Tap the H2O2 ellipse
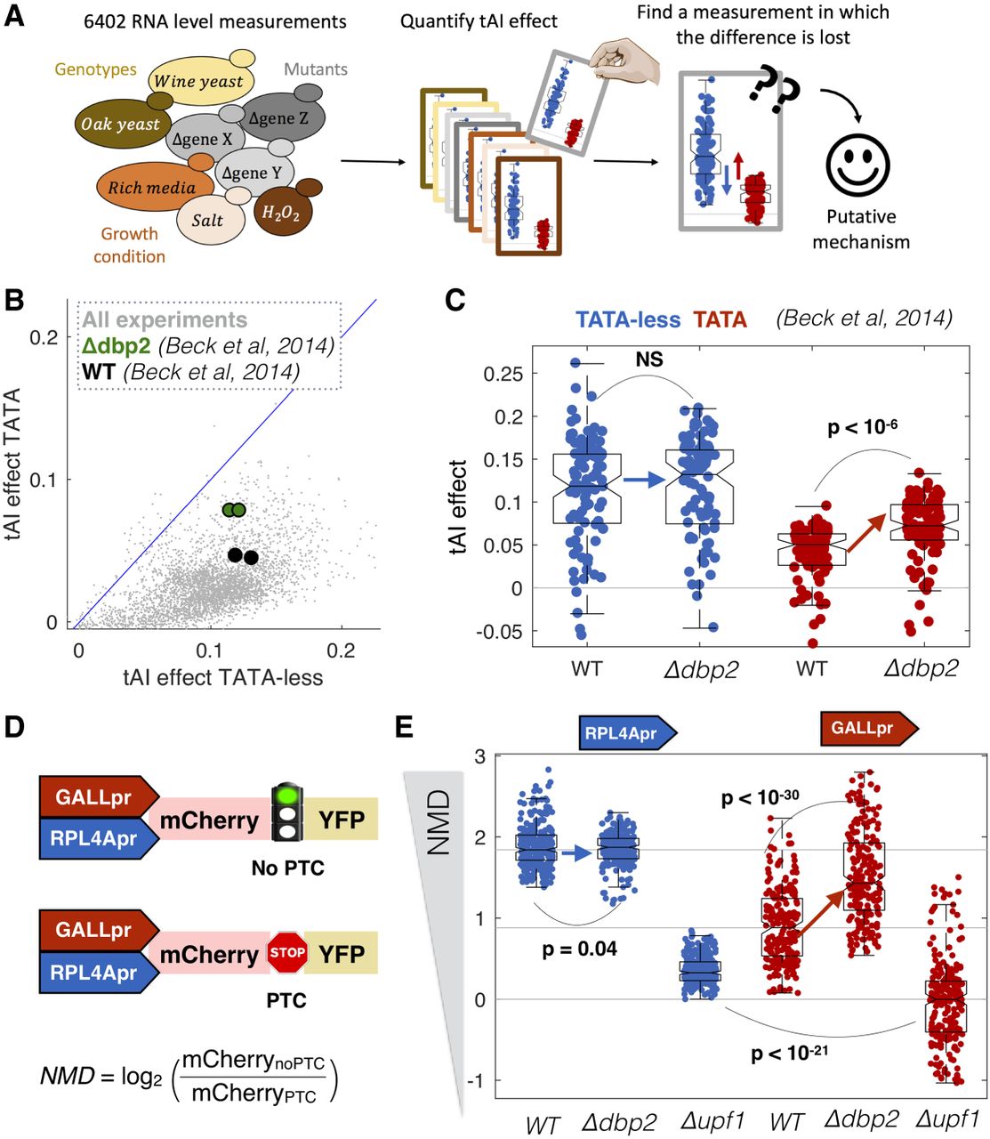click(280, 213)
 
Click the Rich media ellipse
click(151, 188)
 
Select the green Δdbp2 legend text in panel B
click(117, 345)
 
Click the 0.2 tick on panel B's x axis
click(341, 650)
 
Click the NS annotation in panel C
click(649, 359)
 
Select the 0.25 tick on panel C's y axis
click(503, 374)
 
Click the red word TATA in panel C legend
click(720, 319)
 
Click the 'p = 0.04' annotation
click(579, 949)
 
